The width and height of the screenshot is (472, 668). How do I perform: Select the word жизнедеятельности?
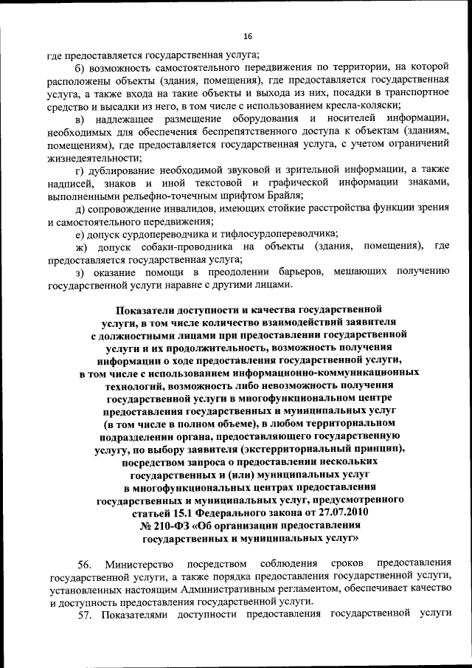[x=89, y=156]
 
